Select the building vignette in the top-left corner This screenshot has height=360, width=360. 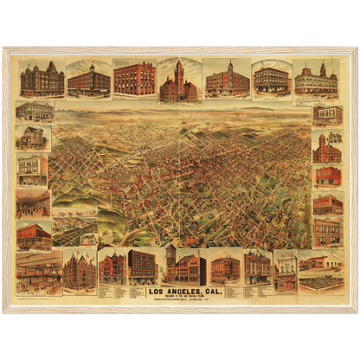[x=42, y=80]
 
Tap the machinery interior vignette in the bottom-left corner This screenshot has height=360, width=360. [x=39, y=272]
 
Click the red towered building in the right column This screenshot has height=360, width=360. [x=326, y=149]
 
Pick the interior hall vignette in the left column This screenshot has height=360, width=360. [x=33, y=204]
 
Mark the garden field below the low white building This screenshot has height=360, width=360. [x=318, y=282]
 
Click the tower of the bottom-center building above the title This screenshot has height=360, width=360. [x=171, y=256]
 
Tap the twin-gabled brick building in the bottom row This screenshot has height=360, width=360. [x=80, y=270]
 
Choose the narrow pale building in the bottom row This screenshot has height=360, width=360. [x=285, y=271]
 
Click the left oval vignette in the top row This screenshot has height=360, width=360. [x=89, y=80]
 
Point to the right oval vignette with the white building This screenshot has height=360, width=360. [x=271, y=80]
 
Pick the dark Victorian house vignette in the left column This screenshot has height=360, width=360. [x=32, y=138]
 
